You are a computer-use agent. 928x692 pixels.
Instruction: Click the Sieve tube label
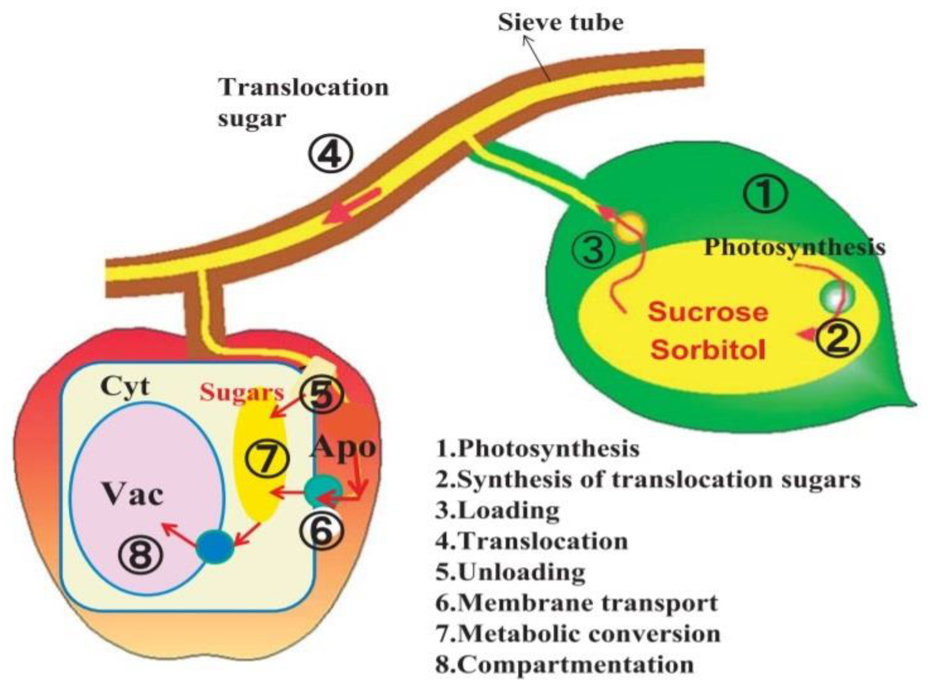560,23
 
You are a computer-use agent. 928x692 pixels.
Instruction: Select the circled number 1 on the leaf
765,195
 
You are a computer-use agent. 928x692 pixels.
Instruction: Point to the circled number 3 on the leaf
593,250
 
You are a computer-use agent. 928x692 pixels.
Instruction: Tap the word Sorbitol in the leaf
708,349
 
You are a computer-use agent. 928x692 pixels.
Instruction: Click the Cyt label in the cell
125,386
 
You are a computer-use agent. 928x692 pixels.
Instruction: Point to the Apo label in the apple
343,447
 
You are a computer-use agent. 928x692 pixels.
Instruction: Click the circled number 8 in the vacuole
140,557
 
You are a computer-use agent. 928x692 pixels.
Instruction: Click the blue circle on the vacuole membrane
215,547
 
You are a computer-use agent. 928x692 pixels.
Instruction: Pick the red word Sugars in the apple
242,393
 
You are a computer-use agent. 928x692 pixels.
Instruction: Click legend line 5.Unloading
511,572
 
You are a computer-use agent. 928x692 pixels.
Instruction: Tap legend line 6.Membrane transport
576,603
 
